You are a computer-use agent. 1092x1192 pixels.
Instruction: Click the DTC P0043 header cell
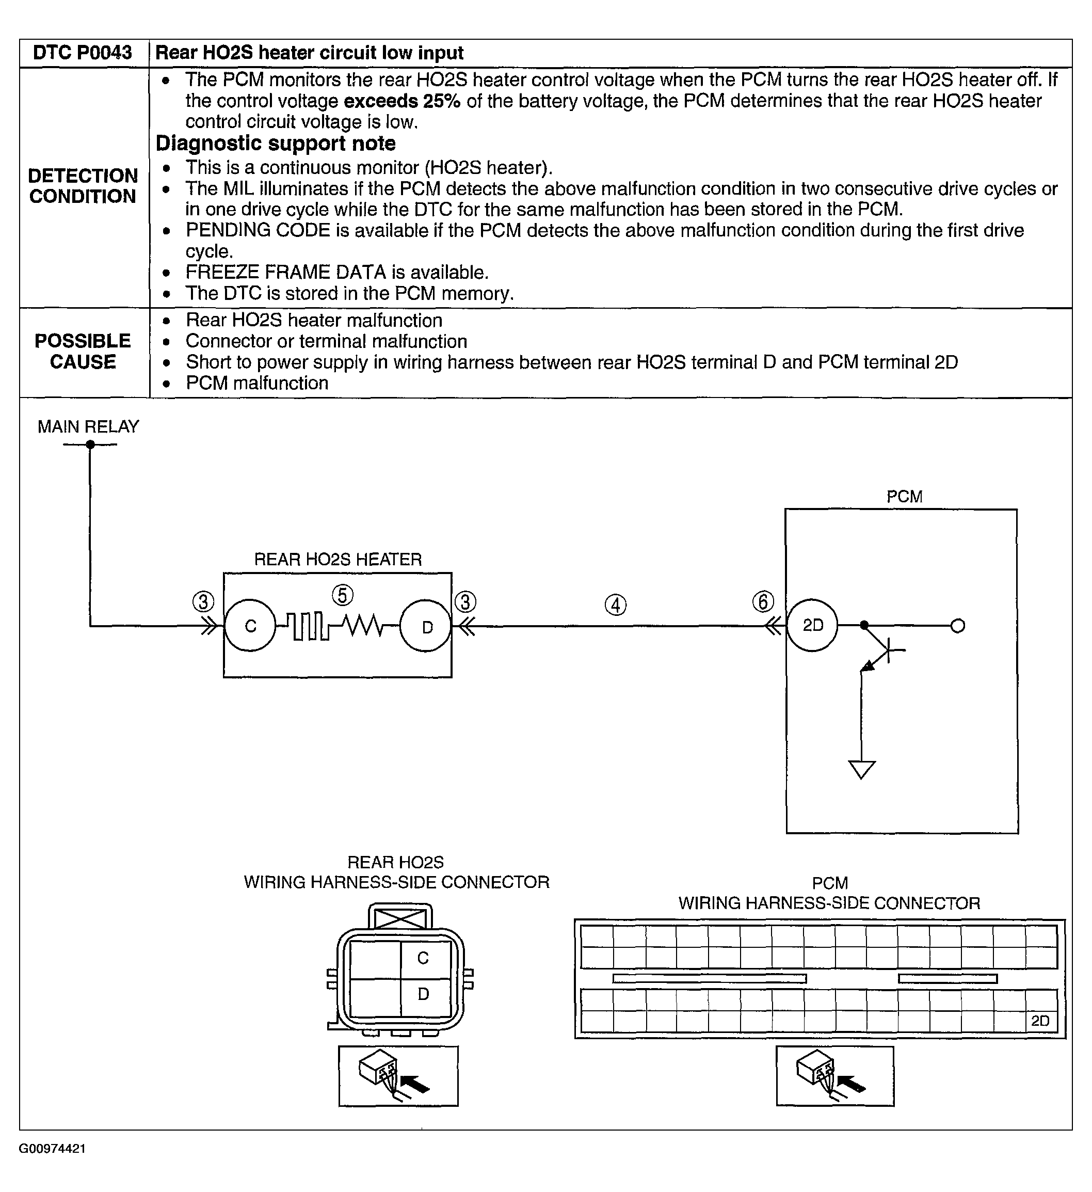pos(82,53)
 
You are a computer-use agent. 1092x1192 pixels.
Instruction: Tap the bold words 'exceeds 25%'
pos(402,101)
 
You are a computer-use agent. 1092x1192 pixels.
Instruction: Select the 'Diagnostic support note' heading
pos(276,144)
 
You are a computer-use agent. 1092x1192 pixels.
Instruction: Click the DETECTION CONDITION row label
pos(83,186)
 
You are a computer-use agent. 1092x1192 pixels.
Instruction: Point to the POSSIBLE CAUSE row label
pos(83,351)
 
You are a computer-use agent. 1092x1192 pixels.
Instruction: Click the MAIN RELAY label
pos(88,427)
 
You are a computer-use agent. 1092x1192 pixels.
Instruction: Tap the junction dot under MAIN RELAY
pos(90,444)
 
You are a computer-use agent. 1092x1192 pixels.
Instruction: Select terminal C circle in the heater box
pos(250,626)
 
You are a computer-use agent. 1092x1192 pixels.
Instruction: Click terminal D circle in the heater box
pos(426,626)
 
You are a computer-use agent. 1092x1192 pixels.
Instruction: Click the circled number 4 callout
pos(616,605)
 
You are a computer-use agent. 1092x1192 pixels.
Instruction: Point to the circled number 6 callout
pos(763,602)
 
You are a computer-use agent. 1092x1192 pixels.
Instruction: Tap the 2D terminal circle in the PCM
pos(812,626)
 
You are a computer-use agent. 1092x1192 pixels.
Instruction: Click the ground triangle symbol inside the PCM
pos(861,769)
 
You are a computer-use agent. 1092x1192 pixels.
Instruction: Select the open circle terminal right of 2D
pos(958,626)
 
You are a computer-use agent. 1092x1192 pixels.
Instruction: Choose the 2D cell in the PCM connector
pos(1040,1021)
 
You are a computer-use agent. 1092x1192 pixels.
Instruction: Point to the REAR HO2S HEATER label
pos(338,559)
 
